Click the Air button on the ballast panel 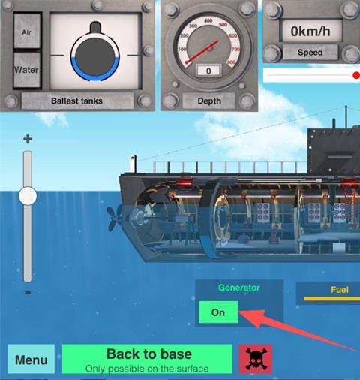(27, 31)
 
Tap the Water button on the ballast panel (27, 70)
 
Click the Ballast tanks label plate (77, 101)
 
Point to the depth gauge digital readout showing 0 (208, 71)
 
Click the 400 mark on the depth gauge (208, 20)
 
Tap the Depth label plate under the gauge (209, 101)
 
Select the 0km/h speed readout (310, 32)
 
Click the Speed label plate (310, 53)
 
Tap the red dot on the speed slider (356, 75)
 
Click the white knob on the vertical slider (28, 195)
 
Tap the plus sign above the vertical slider (28, 139)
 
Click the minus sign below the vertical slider (28, 292)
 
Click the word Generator (239, 288)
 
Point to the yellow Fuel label (339, 290)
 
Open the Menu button (31, 359)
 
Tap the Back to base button (147, 359)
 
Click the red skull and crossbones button (256, 359)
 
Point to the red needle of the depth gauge (202, 52)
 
